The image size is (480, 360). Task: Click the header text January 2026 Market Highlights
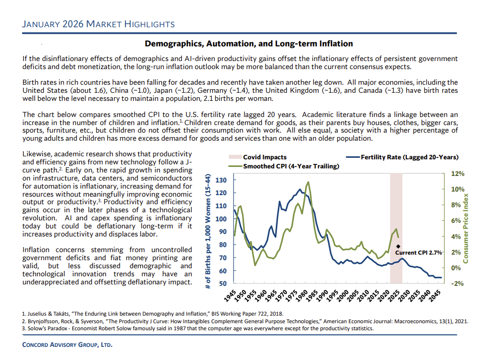tap(99, 24)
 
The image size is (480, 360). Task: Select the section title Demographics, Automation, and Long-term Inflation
tap(249, 44)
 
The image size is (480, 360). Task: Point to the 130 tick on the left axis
tap(220, 180)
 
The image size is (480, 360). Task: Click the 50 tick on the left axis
tap(222, 283)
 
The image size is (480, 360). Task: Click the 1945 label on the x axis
tap(230, 296)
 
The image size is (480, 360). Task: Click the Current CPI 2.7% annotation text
tap(418, 252)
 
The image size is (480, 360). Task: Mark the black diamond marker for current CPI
tap(398, 246)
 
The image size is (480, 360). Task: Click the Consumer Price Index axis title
tap(466, 228)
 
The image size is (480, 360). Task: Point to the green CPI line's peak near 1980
tap(308, 183)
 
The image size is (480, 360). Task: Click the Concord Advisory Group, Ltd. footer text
tap(68, 345)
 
